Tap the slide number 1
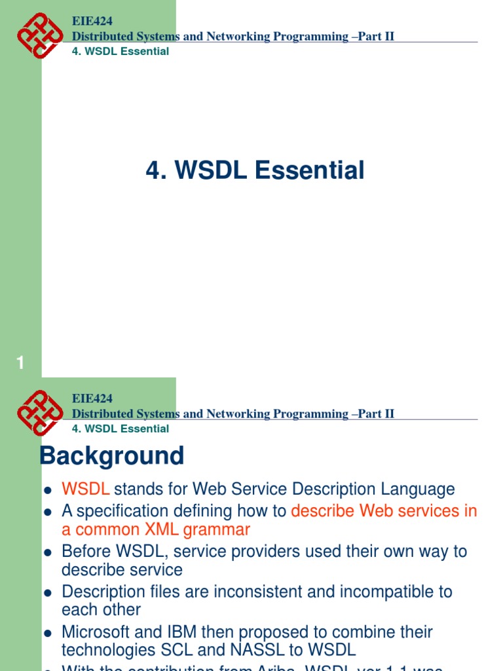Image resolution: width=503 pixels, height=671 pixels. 20,362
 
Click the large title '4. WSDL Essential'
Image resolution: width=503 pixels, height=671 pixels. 255,170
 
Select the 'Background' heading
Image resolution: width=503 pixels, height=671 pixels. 112,456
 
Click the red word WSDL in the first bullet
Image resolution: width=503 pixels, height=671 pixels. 85,489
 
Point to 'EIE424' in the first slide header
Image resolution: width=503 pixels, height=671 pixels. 92,21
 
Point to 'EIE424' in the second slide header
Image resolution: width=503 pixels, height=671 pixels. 92,398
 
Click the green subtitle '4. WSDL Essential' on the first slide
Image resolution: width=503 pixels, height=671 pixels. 120,51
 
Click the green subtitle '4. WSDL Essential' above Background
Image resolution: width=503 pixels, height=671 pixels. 120,429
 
